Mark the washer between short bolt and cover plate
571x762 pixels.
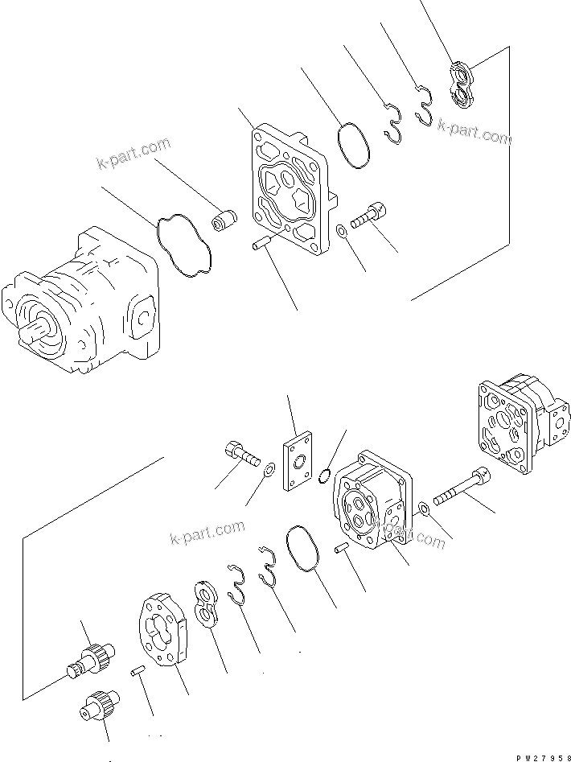click(267, 469)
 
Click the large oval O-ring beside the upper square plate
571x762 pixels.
click(351, 145)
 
